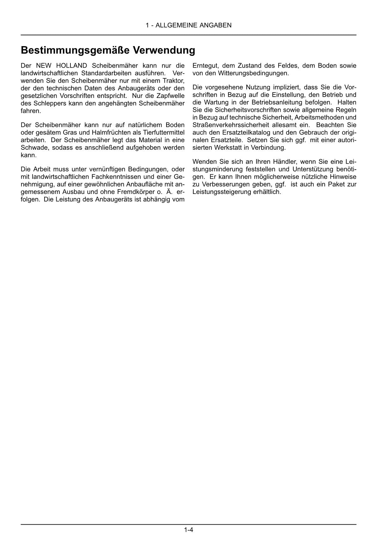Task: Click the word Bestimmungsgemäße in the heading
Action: [x=75, y=51]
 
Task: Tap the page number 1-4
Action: [x=189, y=530]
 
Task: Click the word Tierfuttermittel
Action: [x=164, y=133]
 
